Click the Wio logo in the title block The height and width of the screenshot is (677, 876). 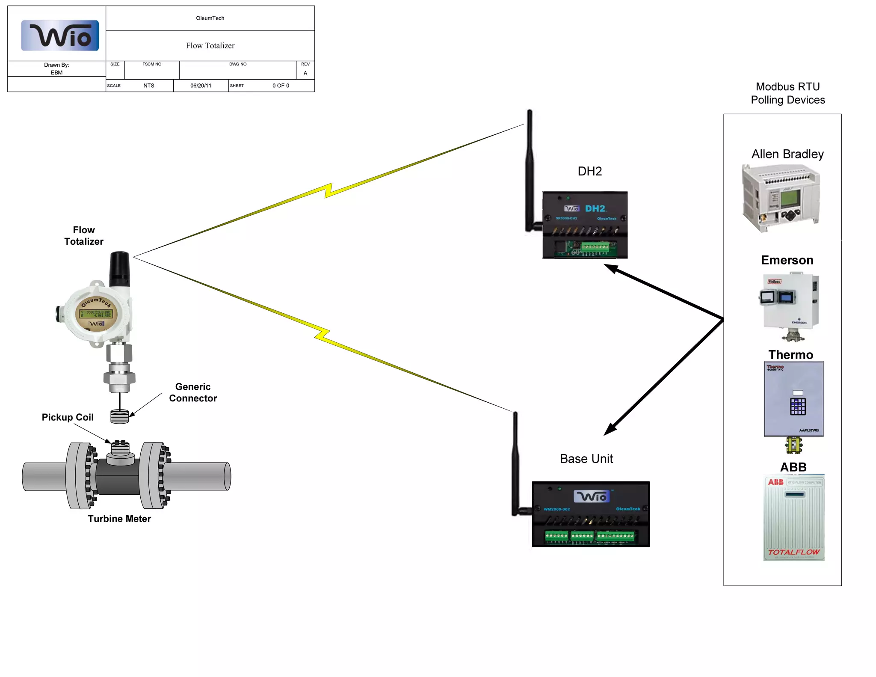(x=60, y=36)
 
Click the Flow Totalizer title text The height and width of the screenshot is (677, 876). (x=210, y=46)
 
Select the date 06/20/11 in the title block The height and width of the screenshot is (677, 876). (x=201, y=86)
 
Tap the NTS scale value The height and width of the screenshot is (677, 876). (x=148, y=86)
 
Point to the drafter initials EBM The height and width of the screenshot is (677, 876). (x=56, y=73)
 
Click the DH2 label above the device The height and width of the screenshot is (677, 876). (x=589, y=171)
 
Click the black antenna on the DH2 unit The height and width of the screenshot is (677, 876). (x=530, y=171)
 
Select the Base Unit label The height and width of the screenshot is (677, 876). (x=586, y=459)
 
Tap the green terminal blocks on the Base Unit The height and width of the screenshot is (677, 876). (x=590, y=536)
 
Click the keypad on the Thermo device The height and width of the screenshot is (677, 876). (x=798, y=407)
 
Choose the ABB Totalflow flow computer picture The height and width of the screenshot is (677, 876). (x=794, y=518)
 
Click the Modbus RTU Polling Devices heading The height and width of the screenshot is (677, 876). (x=787, y=93)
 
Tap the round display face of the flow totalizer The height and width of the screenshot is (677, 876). (x=97, y=313)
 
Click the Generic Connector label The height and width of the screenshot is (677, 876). (x=193, y=392)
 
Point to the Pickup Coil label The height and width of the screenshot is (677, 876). (x=68, y=417)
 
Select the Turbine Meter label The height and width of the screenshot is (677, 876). (x=119, y=519)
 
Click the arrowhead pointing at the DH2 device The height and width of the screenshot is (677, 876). (x=610, y=268)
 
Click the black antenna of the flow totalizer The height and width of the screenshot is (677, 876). (x=119, y=269)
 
